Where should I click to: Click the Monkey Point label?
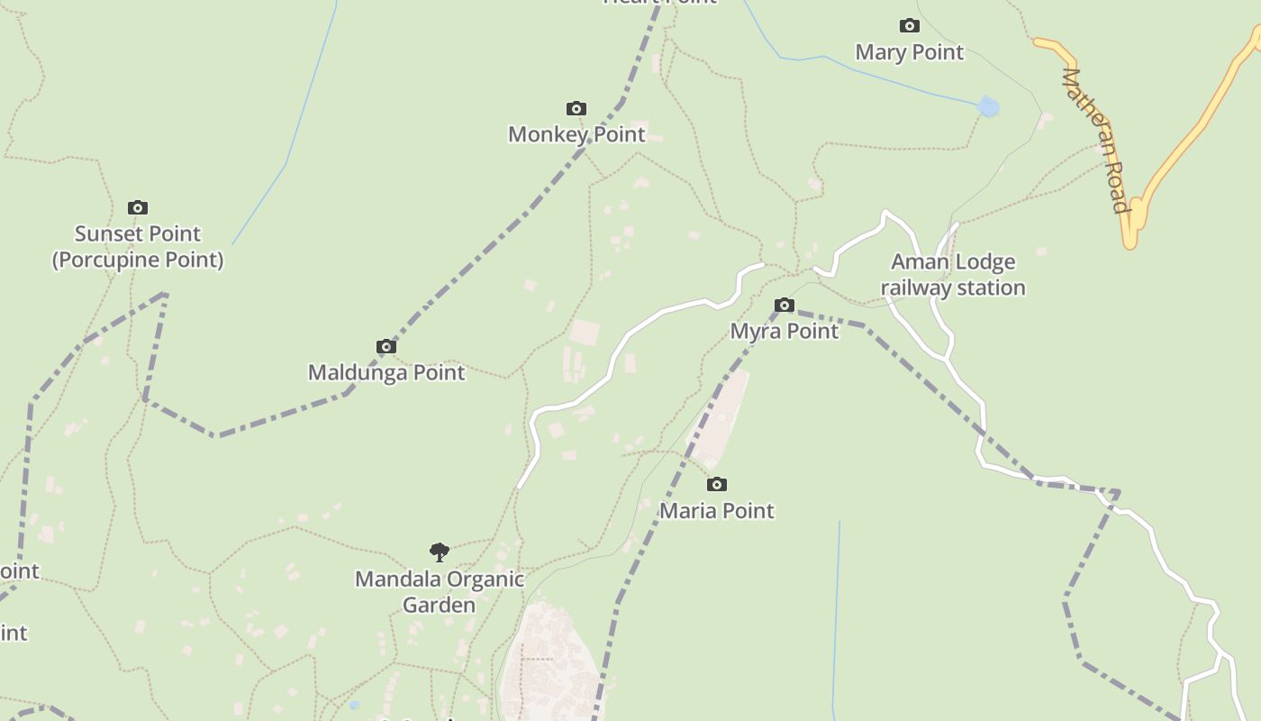click(x=576, y=134)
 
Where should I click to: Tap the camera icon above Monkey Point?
click(x=576, y=109)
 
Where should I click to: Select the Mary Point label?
click(x=910, y=52)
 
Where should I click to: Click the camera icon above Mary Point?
click(x=910, y=26)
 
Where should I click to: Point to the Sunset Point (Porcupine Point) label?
click(x=138, y=247)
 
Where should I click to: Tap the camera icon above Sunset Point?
click(x=138, y=208)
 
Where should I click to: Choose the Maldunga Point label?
click(x=386, y=372)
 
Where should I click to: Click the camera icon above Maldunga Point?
click(x=386, y=347)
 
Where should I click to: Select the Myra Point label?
click(x=785, y=331)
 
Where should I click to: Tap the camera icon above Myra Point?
click(x=785, y=306)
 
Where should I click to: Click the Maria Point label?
click(x=717, y=510)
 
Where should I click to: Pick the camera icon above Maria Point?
click(x=717, y=485)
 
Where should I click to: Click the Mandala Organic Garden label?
click(x=440, y=591)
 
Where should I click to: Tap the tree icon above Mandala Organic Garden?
click(x=440, y=552)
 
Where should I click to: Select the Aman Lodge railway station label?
click(x=953, y=275)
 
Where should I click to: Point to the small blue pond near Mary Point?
click(x=988, y=107)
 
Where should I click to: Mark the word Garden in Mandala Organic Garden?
click(x=439, y=605)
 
